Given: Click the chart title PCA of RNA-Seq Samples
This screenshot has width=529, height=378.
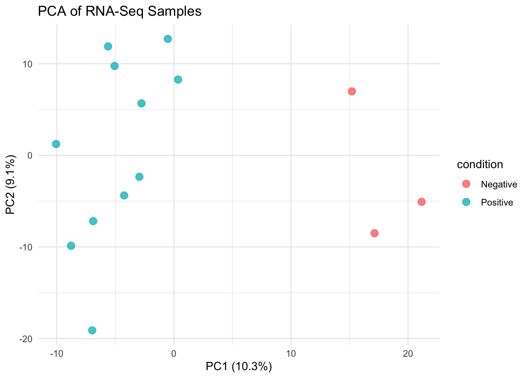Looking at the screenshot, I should (119, 11).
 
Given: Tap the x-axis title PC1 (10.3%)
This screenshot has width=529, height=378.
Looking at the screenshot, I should (239, 367).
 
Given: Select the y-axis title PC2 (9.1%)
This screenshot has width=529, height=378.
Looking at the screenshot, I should (11, 185).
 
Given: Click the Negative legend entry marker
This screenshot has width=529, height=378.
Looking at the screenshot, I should (466, 184).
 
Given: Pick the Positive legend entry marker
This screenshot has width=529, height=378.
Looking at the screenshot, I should (466, 202).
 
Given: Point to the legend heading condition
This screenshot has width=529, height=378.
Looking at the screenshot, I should (480, 165).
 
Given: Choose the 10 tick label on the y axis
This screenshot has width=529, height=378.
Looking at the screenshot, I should (28, 64).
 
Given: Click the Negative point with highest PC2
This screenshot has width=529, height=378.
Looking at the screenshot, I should (352, 91).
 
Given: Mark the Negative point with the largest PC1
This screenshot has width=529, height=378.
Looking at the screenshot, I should (422, 202).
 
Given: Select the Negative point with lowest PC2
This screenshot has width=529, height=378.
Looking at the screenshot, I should (374, 233).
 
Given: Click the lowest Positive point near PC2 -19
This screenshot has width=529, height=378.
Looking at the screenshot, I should (92, 330).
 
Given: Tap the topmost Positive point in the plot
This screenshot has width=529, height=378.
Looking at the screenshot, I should (168, 39).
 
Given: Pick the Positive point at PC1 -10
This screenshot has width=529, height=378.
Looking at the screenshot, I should (56, 144).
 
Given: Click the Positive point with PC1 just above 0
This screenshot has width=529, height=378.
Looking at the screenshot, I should (178, 80).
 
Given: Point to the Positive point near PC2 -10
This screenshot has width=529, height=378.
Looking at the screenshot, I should (71, 246).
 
